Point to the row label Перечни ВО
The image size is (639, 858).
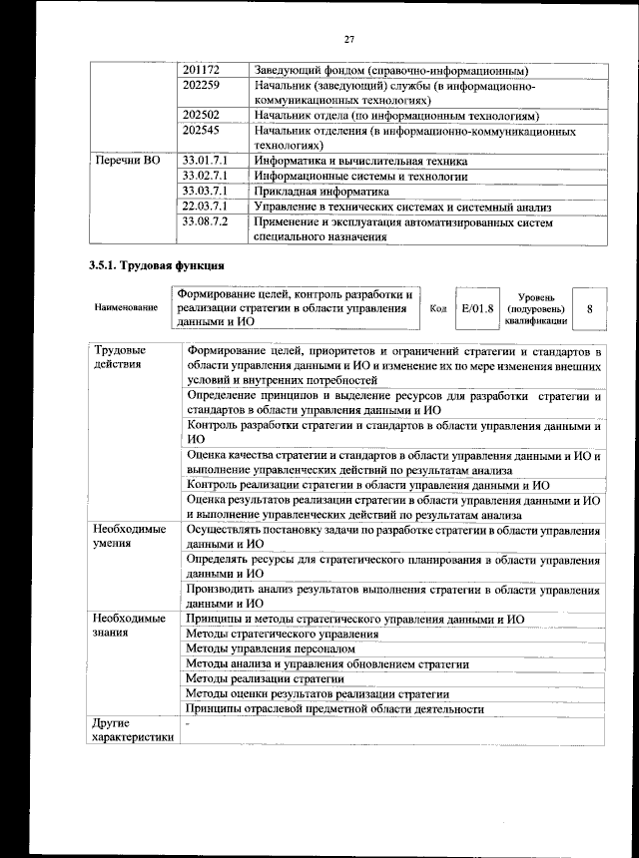(126, 161)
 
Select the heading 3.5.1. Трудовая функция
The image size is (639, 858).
(156, 266)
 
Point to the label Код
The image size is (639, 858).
(437, 308)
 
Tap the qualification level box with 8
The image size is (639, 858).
(590, 308)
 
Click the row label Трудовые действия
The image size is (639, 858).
(120, 357)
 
